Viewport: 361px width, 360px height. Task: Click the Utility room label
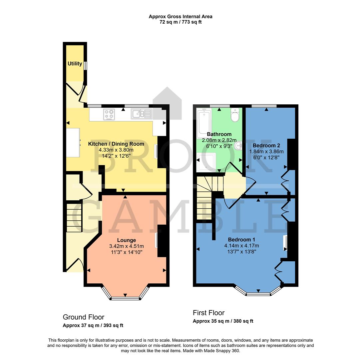(75, 63)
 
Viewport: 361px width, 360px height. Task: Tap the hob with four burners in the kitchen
(109, 114)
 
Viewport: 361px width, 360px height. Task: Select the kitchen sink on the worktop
(142, 114)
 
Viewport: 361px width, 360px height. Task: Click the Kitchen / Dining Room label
(116, 144)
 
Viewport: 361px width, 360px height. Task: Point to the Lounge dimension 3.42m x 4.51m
(126, 246)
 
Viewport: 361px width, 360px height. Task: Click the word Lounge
(126, 240)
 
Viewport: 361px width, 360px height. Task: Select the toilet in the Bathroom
(235, 115)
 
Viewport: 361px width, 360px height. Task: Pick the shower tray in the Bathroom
(206, 162)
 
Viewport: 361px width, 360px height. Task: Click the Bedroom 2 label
(266, 146)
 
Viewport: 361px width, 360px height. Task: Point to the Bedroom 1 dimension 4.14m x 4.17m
(241, 246)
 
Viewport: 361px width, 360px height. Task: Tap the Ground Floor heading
(84, 317)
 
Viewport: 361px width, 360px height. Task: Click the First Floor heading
(208, 313)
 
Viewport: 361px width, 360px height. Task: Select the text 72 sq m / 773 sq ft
(180, 22)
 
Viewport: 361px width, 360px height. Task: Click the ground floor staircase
(74, 218)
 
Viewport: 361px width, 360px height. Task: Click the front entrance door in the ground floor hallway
(75, 265)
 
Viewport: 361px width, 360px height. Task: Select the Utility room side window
(85, 66)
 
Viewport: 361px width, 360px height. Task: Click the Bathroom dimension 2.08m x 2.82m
(219, 140)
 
